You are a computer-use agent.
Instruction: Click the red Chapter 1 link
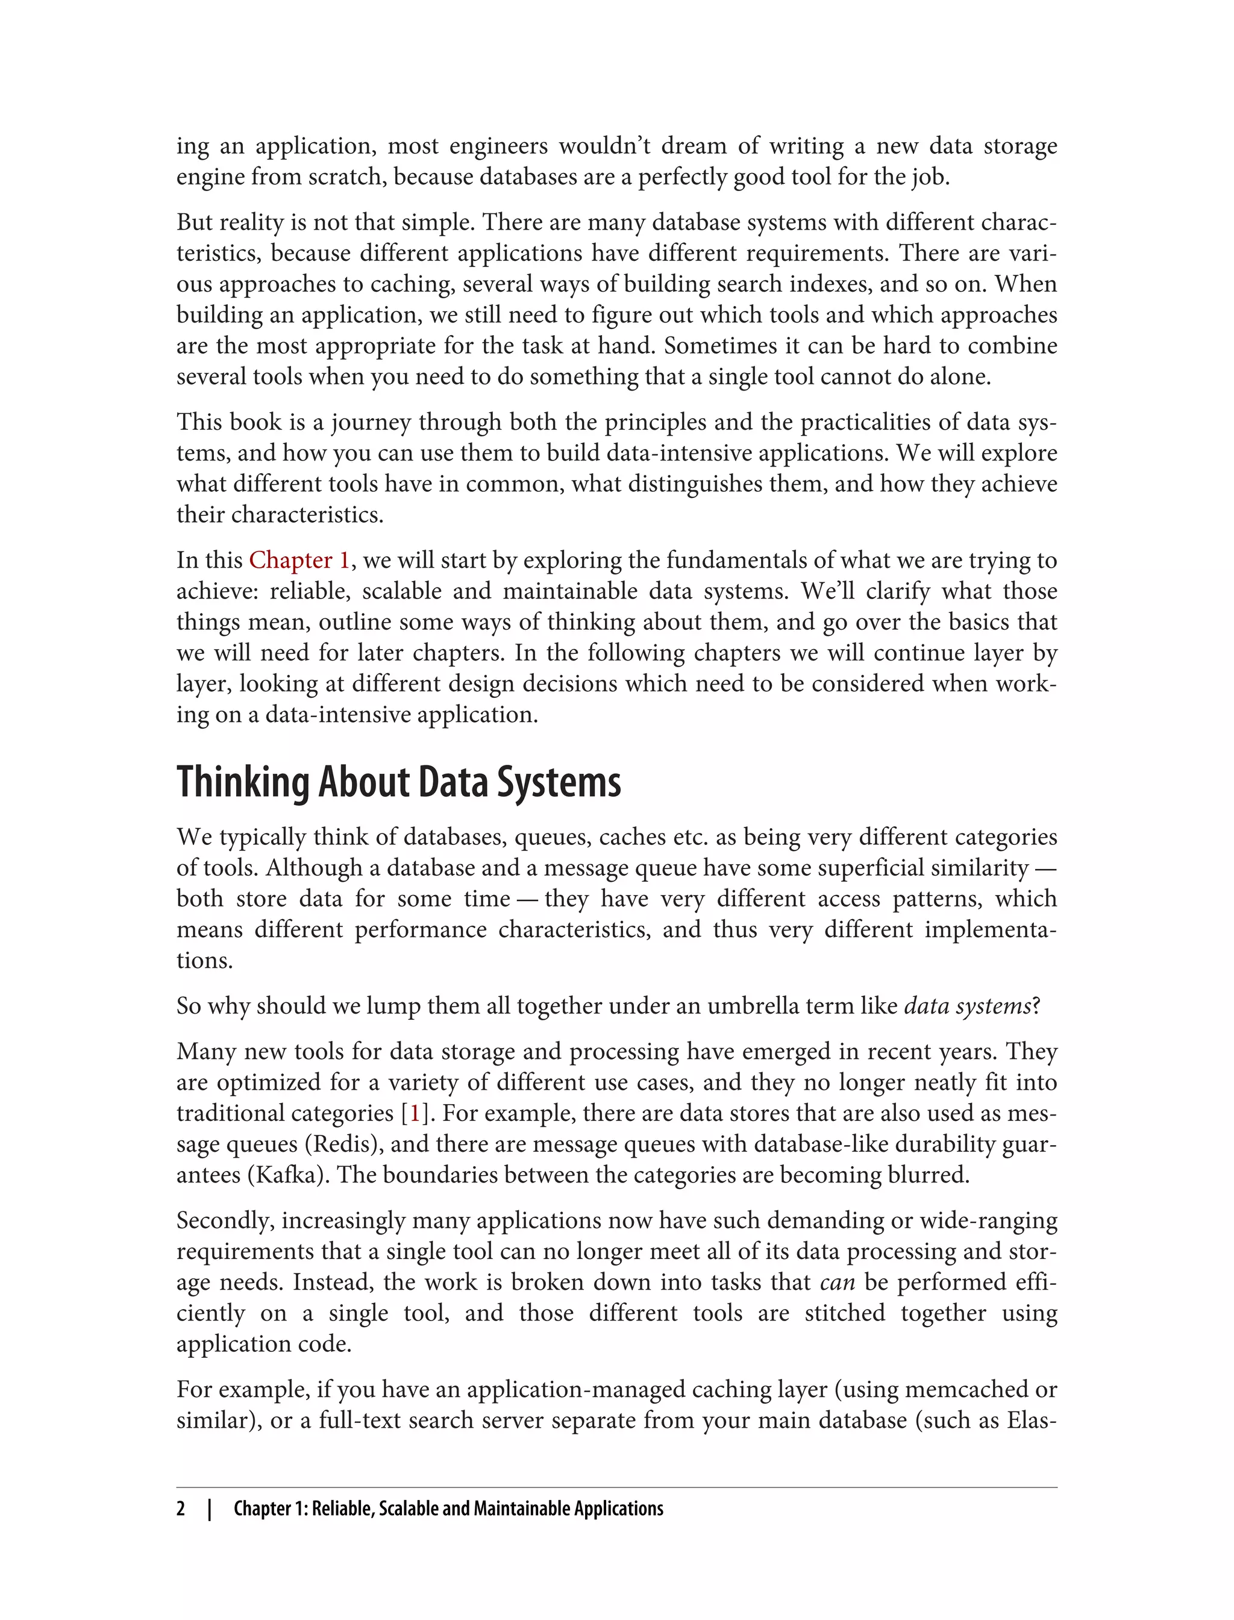coord(299,560)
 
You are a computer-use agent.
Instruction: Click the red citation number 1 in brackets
coord(415,1113)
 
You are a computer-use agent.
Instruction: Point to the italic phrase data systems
coord(967,1006)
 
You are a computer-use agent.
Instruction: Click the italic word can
coord(838,1282)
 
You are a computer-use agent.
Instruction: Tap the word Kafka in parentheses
coord(289,1175)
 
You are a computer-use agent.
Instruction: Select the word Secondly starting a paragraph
coord(225,1220)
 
